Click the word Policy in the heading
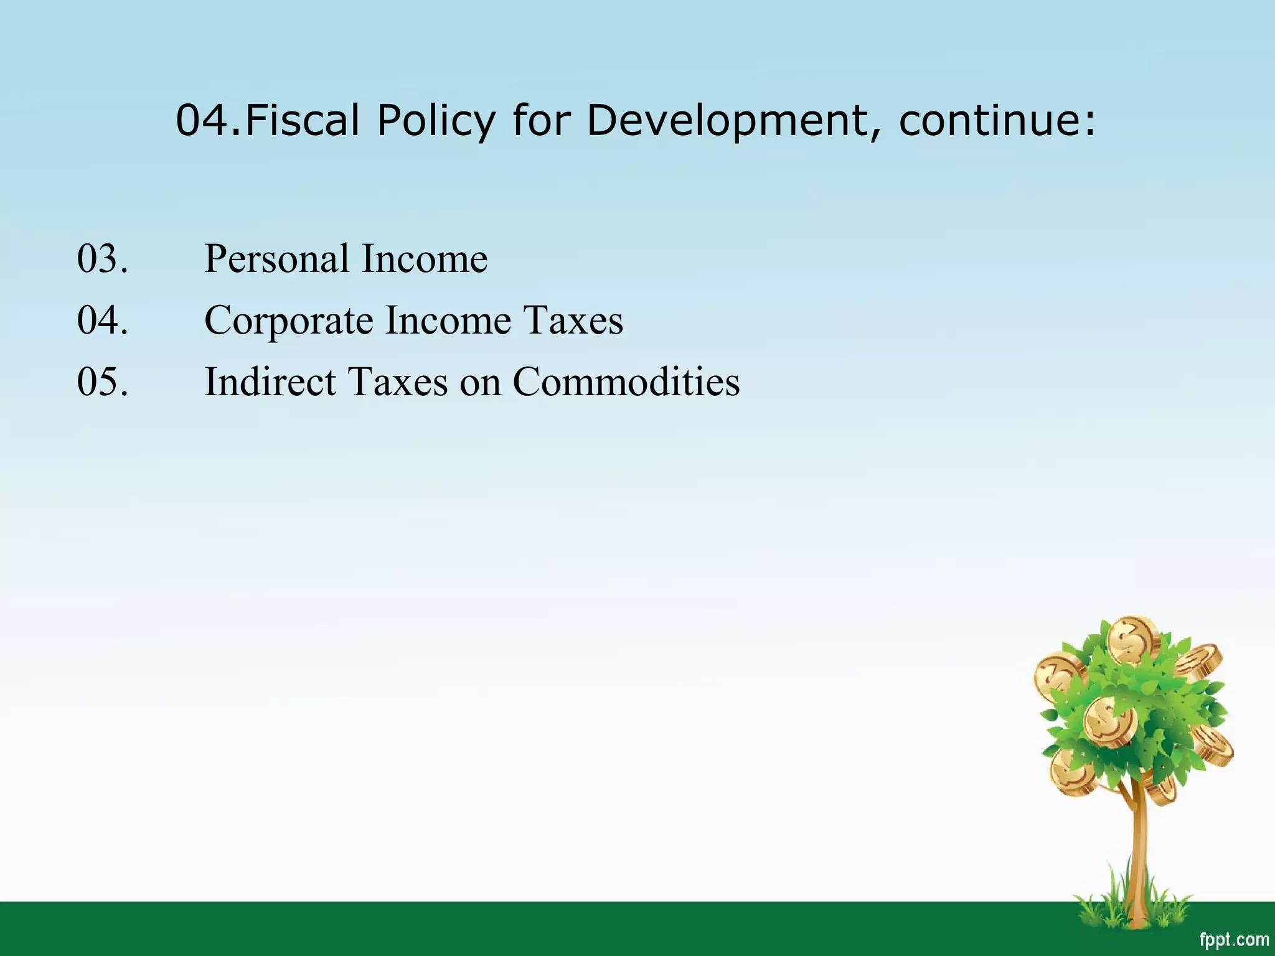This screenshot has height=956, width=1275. point(436,121)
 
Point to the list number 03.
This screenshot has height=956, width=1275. point(103,259)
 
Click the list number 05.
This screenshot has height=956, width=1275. point(103,382)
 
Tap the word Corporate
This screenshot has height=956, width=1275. point(288,321)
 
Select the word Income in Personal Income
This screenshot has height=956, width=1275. point(425,259)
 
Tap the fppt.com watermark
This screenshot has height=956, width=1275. point(1233,939)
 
